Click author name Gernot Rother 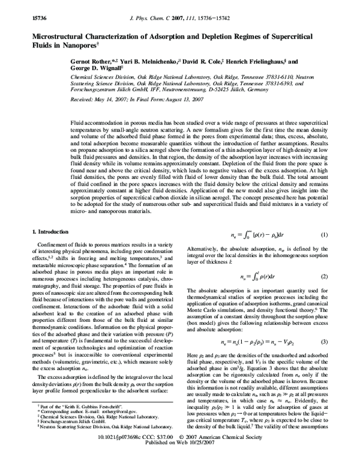(89, 62)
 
